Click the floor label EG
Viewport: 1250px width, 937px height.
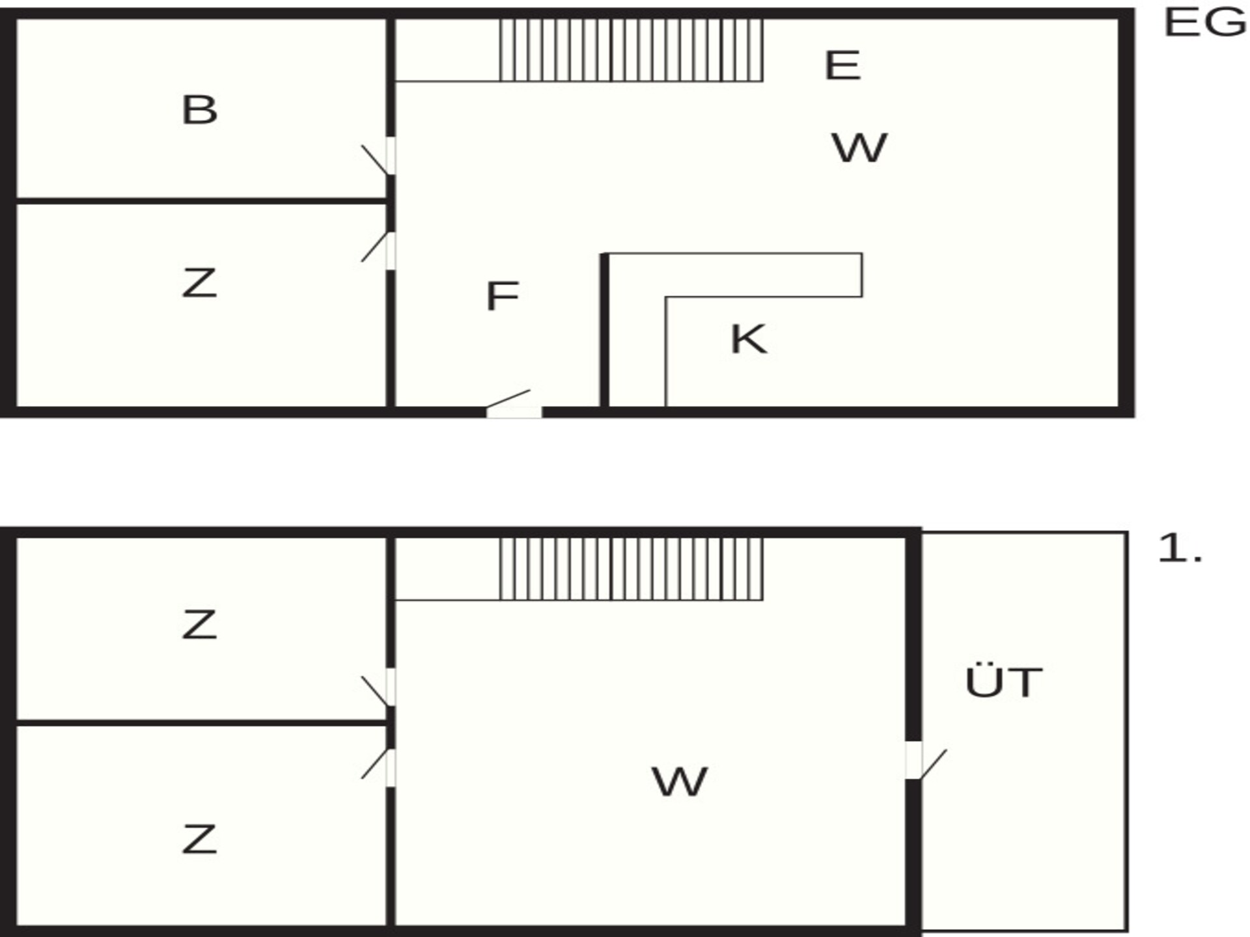pyautogui.click(x=1204, y=23)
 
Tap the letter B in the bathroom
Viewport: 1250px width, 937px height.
pyautogui.click(x=199, y=110)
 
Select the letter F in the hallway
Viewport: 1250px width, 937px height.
pyautogui.click(x=503, y=296)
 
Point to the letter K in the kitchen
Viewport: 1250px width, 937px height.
pyautogui.click(x=749, y=339)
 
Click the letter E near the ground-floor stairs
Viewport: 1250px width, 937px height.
pyautogui.click(x=842, y=65)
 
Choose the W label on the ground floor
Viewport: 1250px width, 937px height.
pyautogui.click(x=859, y=148)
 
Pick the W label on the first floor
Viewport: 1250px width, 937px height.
pyautogui.click(x=679, y=781)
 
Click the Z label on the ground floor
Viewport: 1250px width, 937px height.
pyautogui.click(x=199, y=284)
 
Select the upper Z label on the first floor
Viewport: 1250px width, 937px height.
pyautogui.click(x=199, y=625)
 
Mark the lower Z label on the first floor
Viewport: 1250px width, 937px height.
pyautogui.click(x=199, y=839)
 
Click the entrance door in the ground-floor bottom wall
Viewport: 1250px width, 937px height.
pyautogui.click(x=512, y=403)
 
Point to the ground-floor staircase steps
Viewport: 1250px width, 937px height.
pyautogui.click(x=631, y=50)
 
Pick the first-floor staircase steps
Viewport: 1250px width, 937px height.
pyautogui.click(x=631, y=569)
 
